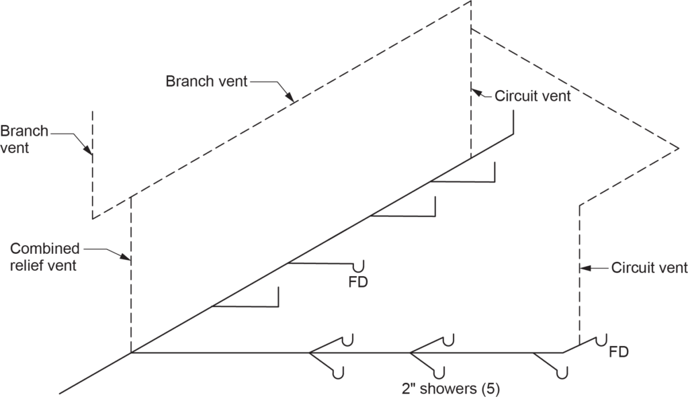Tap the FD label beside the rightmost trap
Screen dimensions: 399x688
(619, 351)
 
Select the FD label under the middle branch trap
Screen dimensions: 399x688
(358, 280)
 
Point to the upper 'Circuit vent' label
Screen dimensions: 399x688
(532, 95)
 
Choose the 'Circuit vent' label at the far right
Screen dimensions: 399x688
(649, 268)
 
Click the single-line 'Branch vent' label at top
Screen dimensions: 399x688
(206, 81)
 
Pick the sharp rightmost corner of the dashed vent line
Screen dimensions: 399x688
(679, 148)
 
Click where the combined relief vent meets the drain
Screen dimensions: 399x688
(130, 352)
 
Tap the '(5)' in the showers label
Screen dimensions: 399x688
(490, 388)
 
